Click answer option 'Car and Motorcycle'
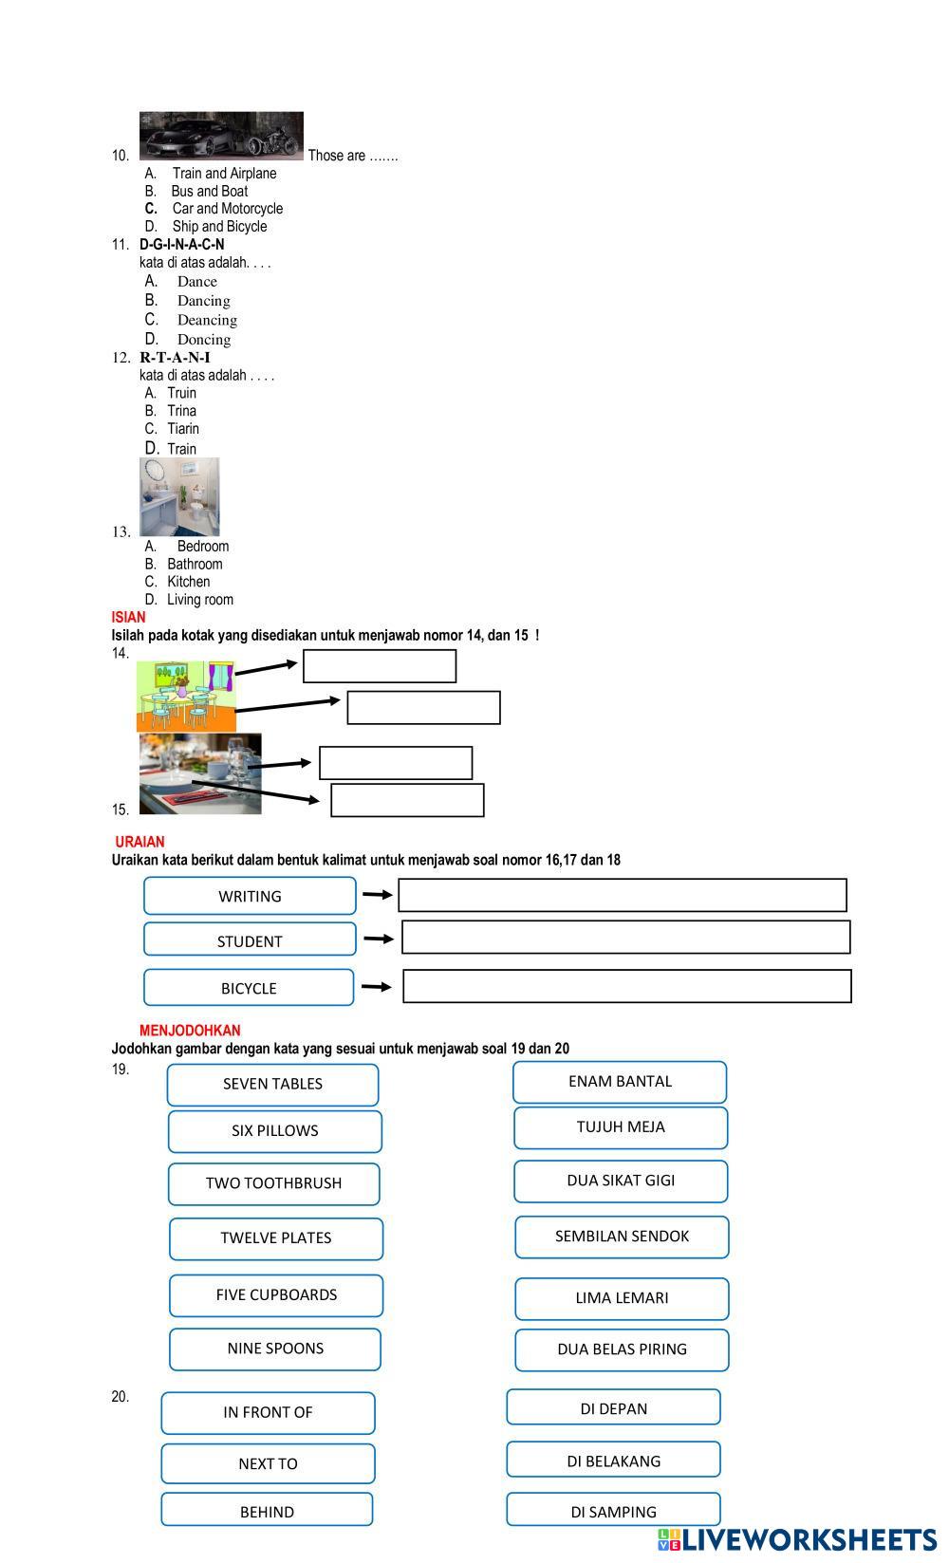tap(227, 209)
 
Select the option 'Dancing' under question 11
tap(203, 301)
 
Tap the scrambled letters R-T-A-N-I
tap(175, 358)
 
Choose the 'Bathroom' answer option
tap(195, 564)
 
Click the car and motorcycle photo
tap(221, 136)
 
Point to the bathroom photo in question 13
tap(179, 497)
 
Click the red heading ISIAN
tap(128, 617)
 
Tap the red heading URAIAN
tap(140, 842)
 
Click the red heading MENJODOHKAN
tap(190, 1031)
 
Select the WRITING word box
tap(250, 896)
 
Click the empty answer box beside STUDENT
tap(625, 938)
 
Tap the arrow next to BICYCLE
tap(376, 987)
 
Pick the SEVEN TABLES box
tap(272, 1085)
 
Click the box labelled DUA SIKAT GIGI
tap(621, 1181)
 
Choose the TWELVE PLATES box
tap(275, 1238)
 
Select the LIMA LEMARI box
tap(622, 1298)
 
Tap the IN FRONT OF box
tap(268, 1413)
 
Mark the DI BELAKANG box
tap(613, 1461)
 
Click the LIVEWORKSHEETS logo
tap(796, 1538)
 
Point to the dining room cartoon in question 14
tap(186, 697)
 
